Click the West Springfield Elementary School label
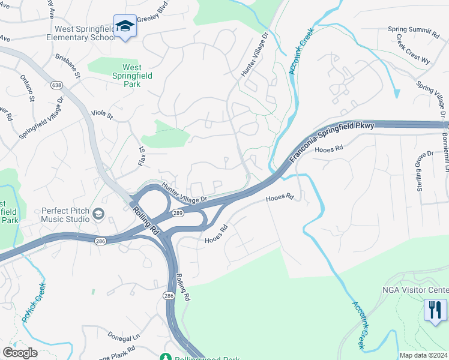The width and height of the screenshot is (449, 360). (x=84, y=33)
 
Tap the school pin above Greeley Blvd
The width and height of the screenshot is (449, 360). (x=125, y=26)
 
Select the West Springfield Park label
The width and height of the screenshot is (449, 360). (x=132, y=76)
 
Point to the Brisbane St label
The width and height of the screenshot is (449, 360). (x=67, y=66)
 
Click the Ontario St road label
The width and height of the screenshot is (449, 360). (x=28, y=89)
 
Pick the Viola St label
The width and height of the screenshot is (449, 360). (x=102, y=113)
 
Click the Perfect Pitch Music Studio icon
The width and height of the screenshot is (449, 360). (x=98, y=213)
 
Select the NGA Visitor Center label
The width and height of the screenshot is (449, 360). (x=415, y=290)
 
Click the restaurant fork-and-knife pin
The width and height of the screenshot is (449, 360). (x=435, y=310)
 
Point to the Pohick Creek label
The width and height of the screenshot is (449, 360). (x=34, y=302)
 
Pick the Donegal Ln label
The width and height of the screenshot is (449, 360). (x=124, y=336)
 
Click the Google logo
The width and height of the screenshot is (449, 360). (x=20, y=353)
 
